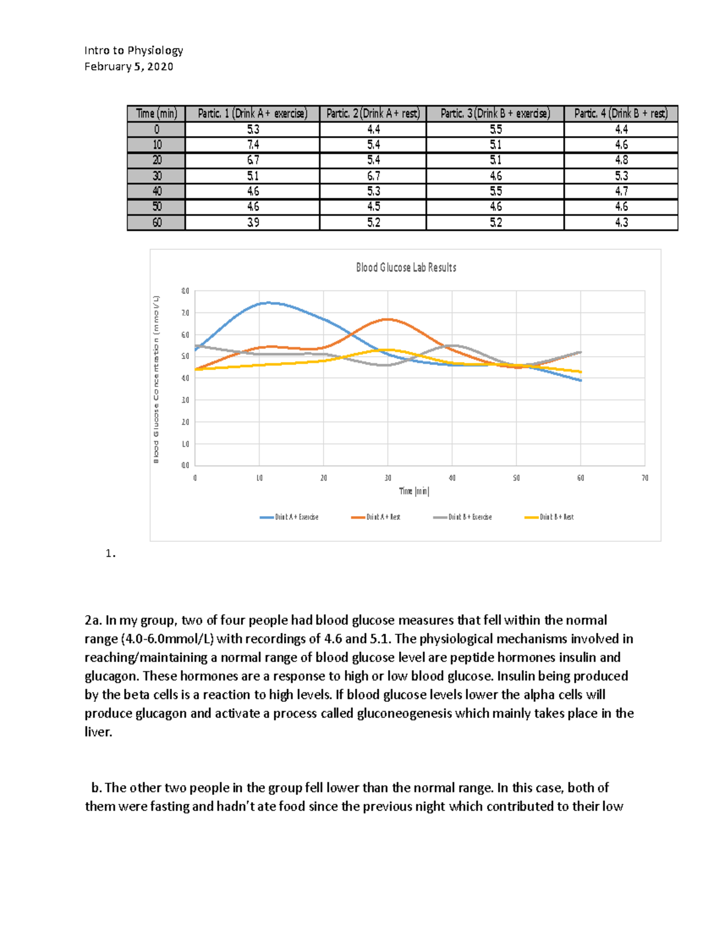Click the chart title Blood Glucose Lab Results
pos(406,267)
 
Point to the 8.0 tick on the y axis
pos(185,291)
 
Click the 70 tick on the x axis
pos(645,478)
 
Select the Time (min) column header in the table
pos(156,113)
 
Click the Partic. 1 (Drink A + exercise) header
pos(252,113)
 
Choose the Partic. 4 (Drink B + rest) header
pos(621,113)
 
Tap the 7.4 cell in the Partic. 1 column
pos(253,144)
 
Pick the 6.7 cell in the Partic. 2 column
pos(373,176)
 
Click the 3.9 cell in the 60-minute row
pos(253,222)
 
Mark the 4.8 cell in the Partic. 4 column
pos(621,160)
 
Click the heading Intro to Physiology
pos(134,50)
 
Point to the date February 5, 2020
pos(129,67)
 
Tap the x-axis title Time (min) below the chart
pos(414,491)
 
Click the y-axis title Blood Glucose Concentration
pos(156,379)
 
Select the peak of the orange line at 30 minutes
pos(388,319)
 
